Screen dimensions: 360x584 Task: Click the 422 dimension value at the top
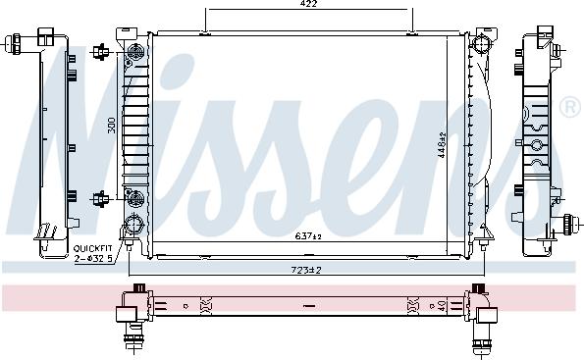point(309,4)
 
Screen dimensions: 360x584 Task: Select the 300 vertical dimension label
point(113,126)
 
